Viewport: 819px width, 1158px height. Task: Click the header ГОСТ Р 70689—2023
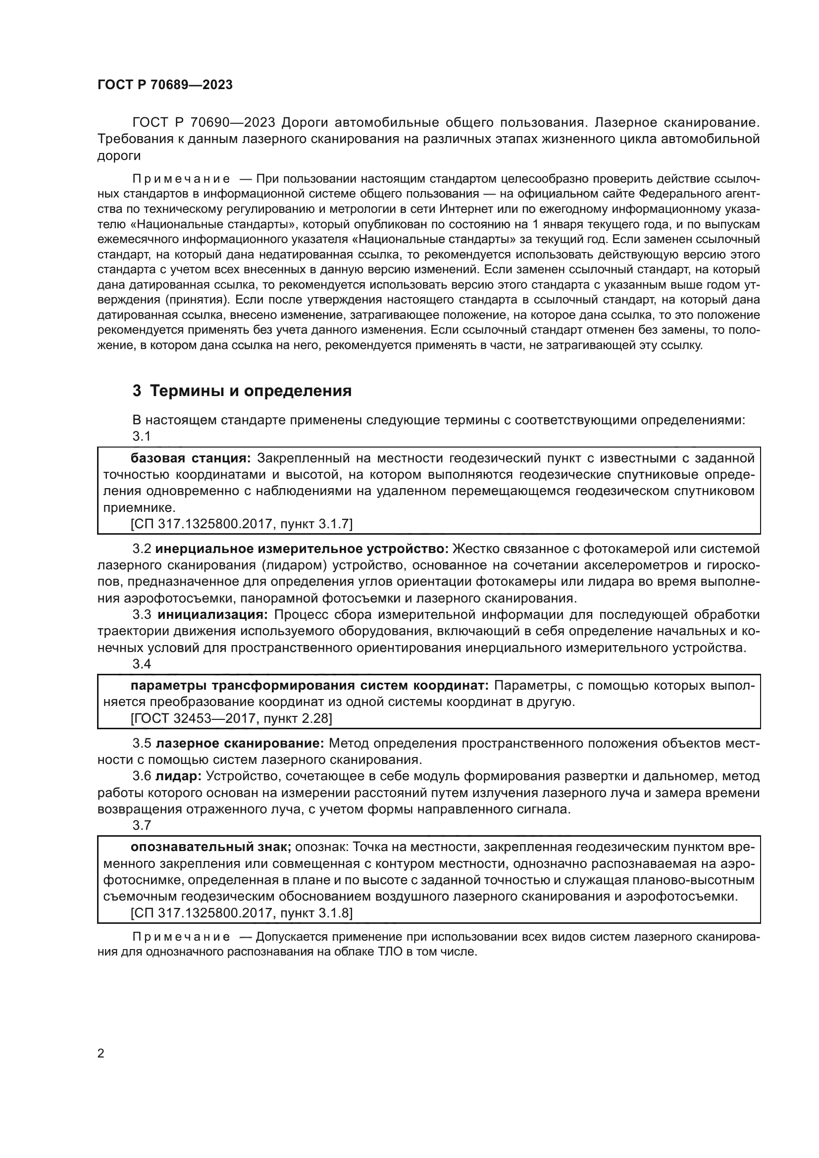(x=165, y=85)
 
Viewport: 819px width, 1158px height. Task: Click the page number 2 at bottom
(x=101, y=1054)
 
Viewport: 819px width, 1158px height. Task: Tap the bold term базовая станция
(x=191, y=458)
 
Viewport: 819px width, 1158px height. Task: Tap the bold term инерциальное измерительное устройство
(x=302, y=549)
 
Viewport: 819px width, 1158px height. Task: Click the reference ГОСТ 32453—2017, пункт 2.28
(x=231, y=718)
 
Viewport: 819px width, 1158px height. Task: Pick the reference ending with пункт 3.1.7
(x=242, y=524)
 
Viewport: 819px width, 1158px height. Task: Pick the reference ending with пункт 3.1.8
(x=242, y=912)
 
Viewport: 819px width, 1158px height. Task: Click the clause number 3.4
(x=142, y=664)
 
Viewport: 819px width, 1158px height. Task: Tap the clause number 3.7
(x=142, y=825)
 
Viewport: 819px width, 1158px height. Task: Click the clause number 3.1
(x=142, y=436)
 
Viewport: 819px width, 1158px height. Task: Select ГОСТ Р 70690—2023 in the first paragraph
(x=203, y=123)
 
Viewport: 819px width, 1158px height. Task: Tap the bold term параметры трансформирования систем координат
(x=309, y=685)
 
